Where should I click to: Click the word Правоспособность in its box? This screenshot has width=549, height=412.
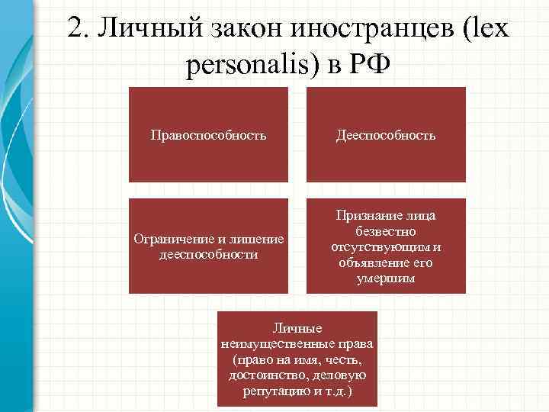point(208,136)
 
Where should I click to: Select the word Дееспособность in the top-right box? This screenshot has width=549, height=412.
point(386,136)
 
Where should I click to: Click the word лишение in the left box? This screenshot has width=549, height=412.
point(261,240)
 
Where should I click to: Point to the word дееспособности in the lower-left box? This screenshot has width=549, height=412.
point(208,254)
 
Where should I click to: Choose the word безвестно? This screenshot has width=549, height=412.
point(386,232)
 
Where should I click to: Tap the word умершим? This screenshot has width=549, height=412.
point(386,278)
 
